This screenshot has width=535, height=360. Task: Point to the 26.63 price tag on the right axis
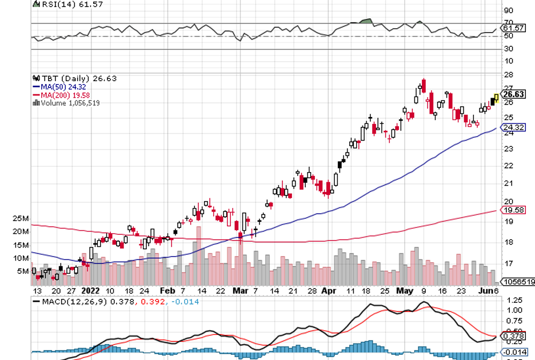(x=513, y=94)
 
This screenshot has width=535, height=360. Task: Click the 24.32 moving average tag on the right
(x=513, y=127)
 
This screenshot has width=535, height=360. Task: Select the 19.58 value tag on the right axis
(x=513, y=211)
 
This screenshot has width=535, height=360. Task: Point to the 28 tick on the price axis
(x=508, y=75)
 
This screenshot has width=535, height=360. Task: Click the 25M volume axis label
(x=22, y=219)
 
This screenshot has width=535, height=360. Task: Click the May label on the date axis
(x=405, y=290)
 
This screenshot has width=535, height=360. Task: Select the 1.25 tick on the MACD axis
(x=513, y=300)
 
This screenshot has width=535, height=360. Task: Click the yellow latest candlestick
(x=496, y=98)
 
